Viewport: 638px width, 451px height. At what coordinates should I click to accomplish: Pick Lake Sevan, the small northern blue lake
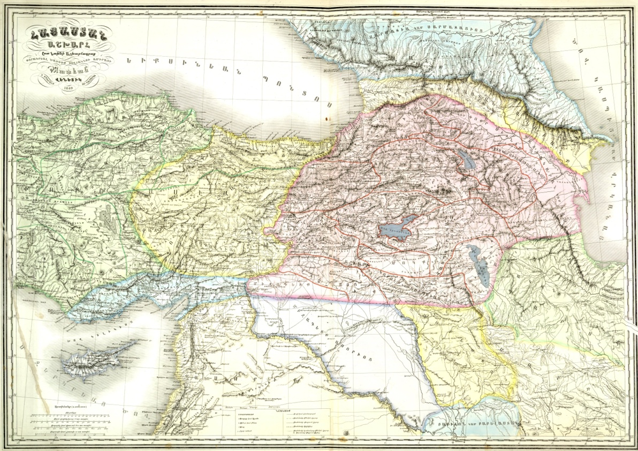click(x=461, y=158)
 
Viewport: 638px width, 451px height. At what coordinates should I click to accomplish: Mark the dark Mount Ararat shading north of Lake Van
click(x=442, y=189)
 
